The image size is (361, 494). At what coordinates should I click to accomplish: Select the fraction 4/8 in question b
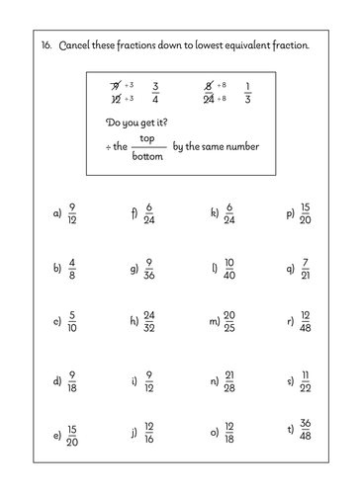pos(72,268)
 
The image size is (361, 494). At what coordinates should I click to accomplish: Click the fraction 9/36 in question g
pos(148,268)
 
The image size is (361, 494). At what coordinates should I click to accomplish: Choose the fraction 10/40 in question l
pos(229,268)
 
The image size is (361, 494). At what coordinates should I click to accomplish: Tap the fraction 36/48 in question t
pos(306,433)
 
